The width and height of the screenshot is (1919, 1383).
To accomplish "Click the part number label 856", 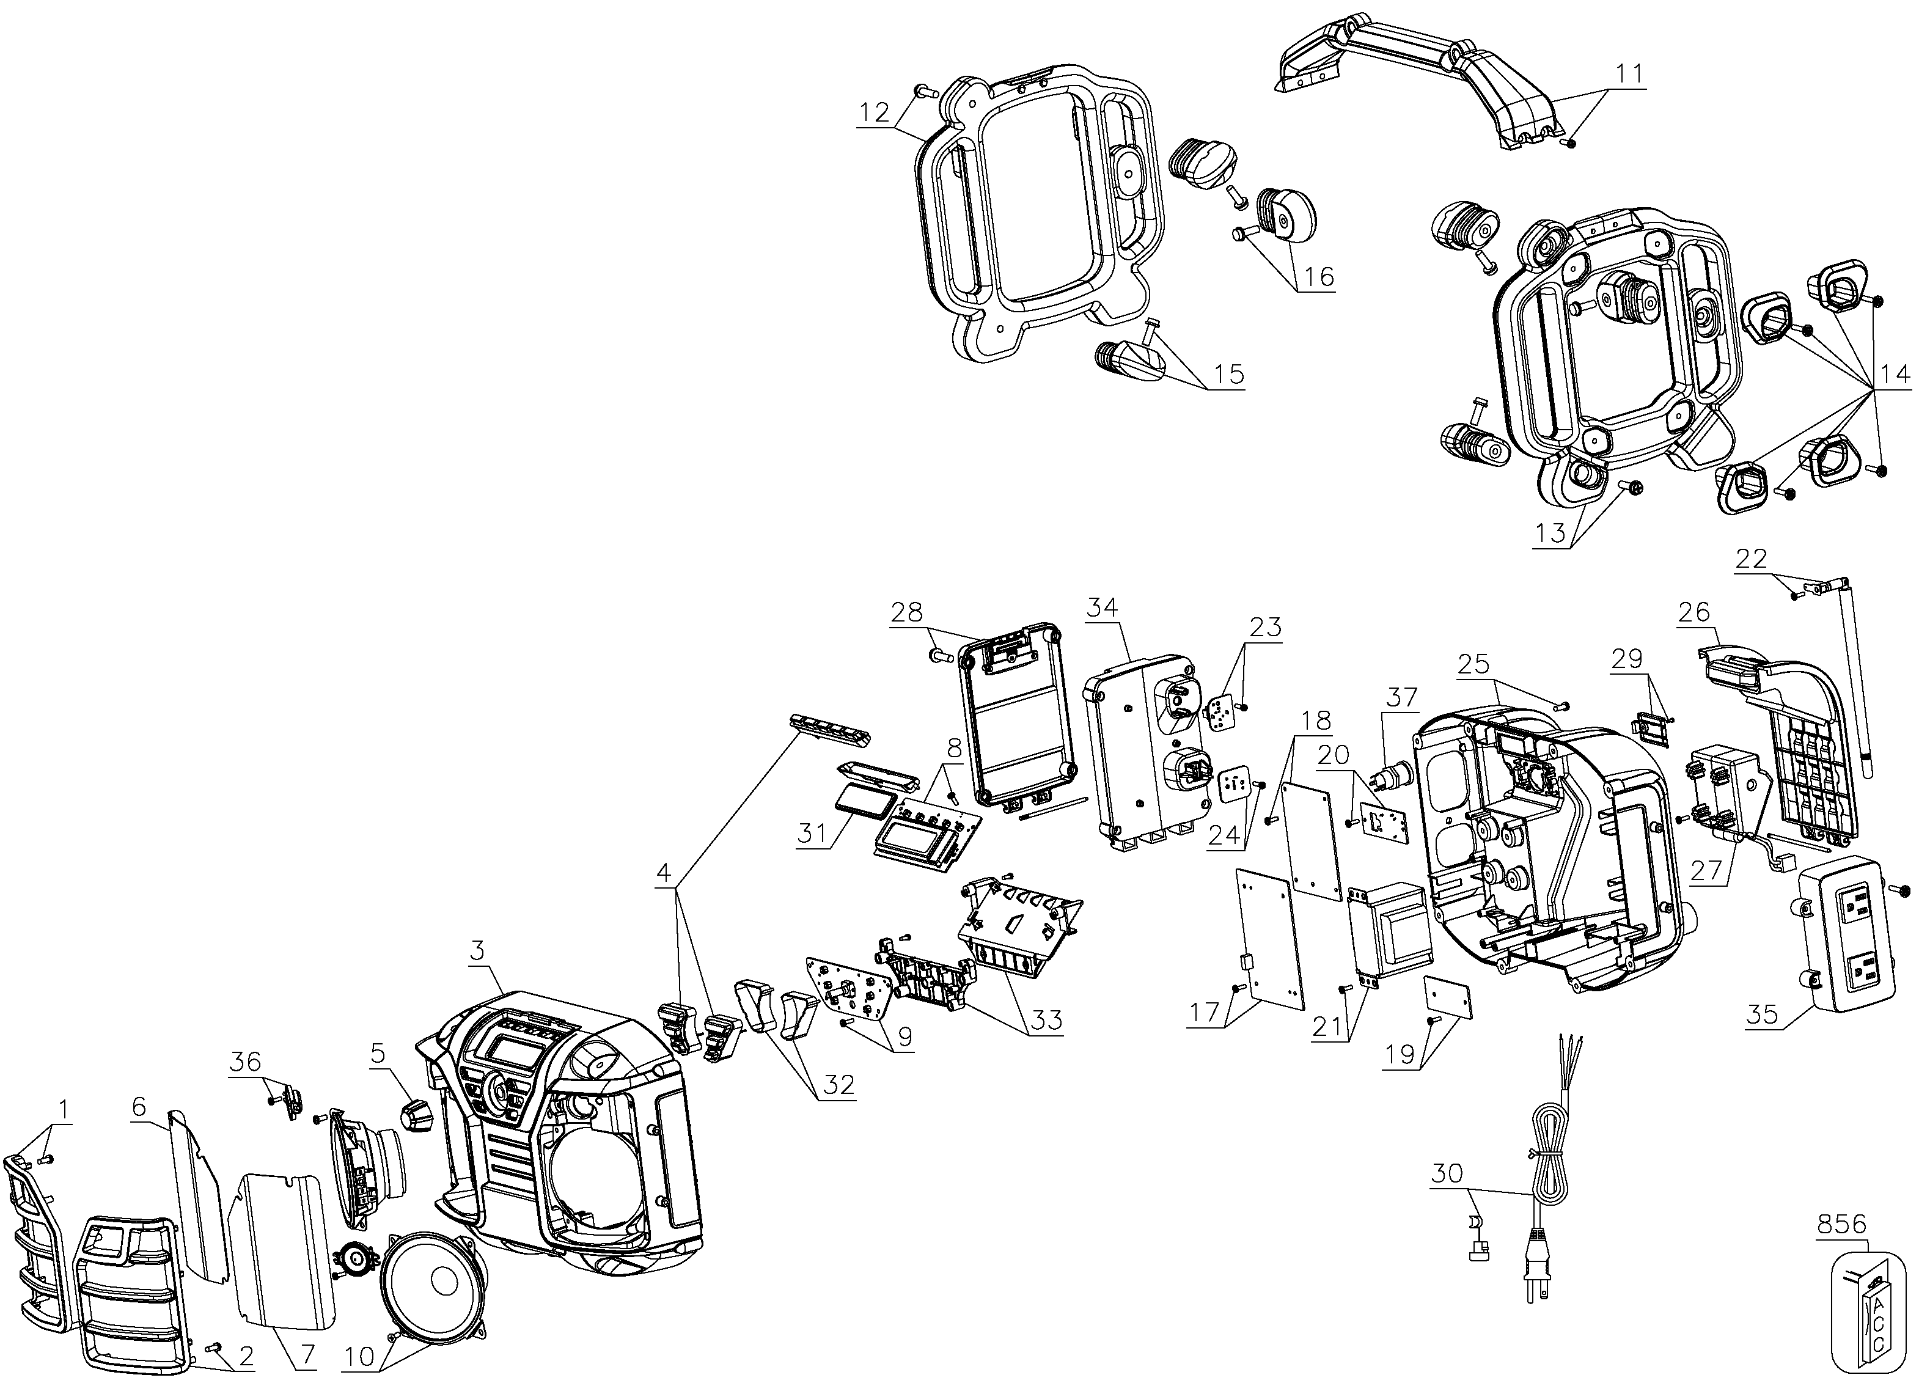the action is point(1842,1224).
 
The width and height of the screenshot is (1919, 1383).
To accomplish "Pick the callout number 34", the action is point(1103,607).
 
